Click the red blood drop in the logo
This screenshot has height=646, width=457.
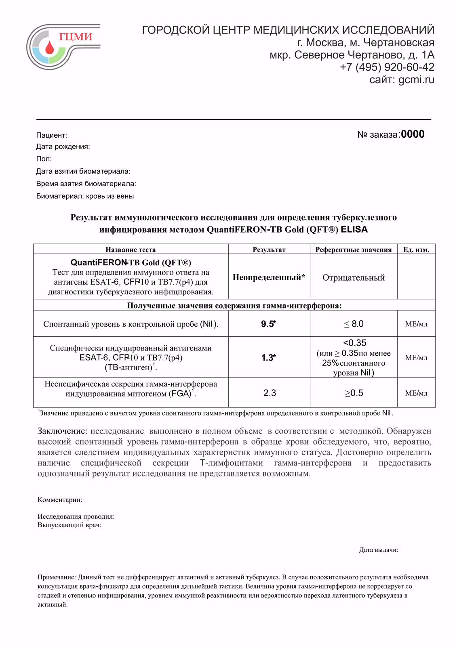[x=49, y=48]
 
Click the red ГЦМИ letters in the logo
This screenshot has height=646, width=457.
[x=76, y=37]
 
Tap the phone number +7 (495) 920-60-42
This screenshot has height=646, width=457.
[x=387, y=67]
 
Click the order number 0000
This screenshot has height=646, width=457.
[x=413, y=134]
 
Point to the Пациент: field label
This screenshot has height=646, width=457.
[x=52, y=135]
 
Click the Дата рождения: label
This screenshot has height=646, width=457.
[x=63, y=147]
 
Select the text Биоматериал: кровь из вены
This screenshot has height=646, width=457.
[x=85, y=196]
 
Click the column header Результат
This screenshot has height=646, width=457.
[x=269, y=250]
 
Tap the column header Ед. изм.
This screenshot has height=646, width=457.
[x=416, y=250]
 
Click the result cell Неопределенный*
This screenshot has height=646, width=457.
[x=269, y=277]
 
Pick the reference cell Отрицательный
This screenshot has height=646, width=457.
[x=353, y=277]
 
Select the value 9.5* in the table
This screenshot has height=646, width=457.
[x=268, y=324]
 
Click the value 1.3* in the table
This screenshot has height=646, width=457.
[x=268, y=357]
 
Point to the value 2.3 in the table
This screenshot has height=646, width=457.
[x=270, y=393]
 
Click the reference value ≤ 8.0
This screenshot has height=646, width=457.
[x=354, y=324]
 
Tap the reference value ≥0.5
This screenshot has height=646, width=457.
[x=354, y=393]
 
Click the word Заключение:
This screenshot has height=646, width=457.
[x=62, y=431]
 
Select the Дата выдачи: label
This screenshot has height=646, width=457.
[x=378, y=550]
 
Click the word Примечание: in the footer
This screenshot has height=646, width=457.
[x=57, y=577]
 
